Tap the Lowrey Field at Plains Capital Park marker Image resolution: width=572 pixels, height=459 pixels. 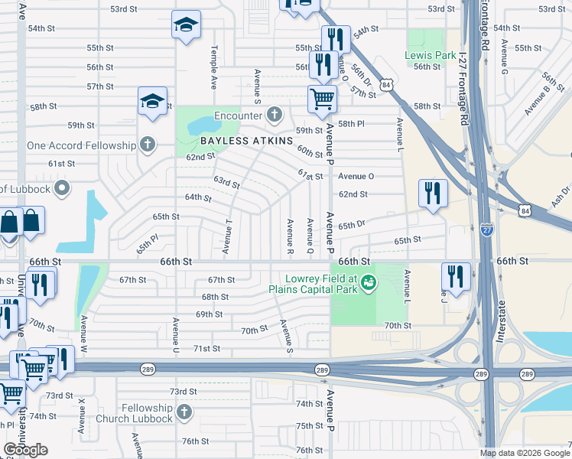tap(369, 283)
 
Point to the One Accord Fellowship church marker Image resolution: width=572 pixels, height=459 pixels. tap(147, 145)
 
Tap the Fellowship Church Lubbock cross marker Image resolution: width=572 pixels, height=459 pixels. tap(183, 413)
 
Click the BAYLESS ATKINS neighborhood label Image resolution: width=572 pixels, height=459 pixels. tap(247, 142)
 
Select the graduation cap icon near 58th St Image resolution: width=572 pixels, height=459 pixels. tap(152, 100)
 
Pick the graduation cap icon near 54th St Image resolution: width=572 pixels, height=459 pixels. tap(185, 25)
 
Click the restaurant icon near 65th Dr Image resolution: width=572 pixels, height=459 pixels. tap(434, 193)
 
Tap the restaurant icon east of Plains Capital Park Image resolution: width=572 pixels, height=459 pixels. tap(457, 276)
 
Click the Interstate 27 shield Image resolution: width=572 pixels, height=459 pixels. tap(488, 229)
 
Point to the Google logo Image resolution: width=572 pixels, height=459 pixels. tap(25, 450)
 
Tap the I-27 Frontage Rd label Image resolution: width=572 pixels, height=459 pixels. tap(484, 26)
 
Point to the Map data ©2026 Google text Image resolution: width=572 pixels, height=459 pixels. tap(524, 452)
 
